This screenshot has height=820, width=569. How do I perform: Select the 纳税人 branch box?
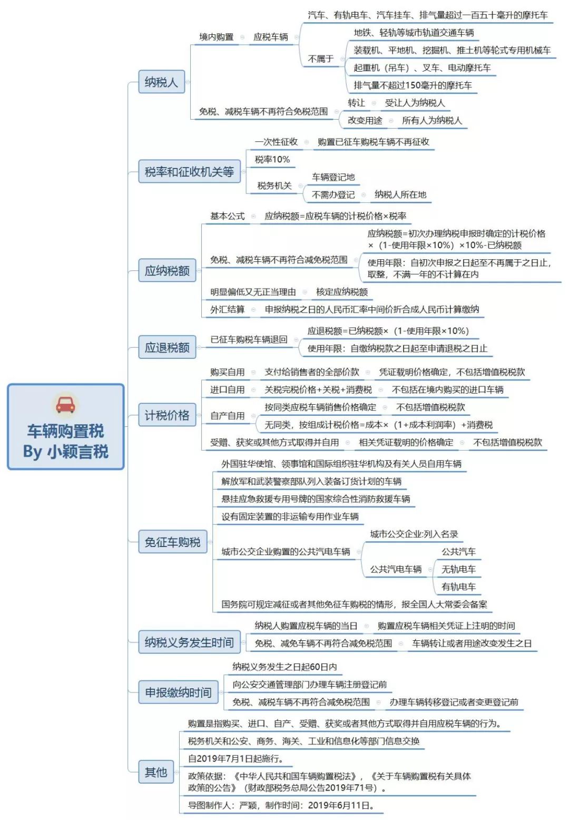pyautogui.click(x=161, y=82)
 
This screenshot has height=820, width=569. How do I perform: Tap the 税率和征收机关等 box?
pyautogui.click(x=189, y=171)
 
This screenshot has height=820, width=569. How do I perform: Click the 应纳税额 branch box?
pyautogui.click(x=167, y=270)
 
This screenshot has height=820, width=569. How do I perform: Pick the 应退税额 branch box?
pyautogui.click(x=167, y=347)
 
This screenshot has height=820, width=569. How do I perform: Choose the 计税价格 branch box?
pyautogui.click(x=167, y=415)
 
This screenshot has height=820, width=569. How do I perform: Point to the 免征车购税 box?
pyautogui.click(x=173, y=542)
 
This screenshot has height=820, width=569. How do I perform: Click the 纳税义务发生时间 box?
pyautogui.click(x=189, y=642)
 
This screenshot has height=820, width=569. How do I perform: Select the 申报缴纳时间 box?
pyautogui.click(x=178, y=692)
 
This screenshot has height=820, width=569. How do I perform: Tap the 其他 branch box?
pyautogui.click(x=156, y=772)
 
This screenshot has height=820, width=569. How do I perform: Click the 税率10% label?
pyautogui.click(x=272, y=160)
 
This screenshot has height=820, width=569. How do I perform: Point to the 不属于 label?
pyautogui.click(x=321, y=59)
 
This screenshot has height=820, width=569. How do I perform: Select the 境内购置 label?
pyautogui.click(x=216, y=37)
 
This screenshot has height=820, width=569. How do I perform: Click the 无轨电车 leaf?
pyautogui.click(x=458, y=569)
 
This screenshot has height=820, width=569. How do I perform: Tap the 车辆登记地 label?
pyautogui.click(x=333, y=177)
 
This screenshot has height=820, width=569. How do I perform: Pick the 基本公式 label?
pyautogui.click(x=227, y=216)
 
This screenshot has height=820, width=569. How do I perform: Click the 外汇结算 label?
pyautogui.click(x=227, y=309)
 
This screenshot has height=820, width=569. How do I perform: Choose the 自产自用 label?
pyautogui.click(x=227, y=416)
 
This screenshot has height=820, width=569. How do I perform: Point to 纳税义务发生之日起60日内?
pyautogui.click(x=284, y=667)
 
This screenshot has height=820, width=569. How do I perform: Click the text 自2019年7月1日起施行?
pyautogui.click(x=236, y=758)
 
